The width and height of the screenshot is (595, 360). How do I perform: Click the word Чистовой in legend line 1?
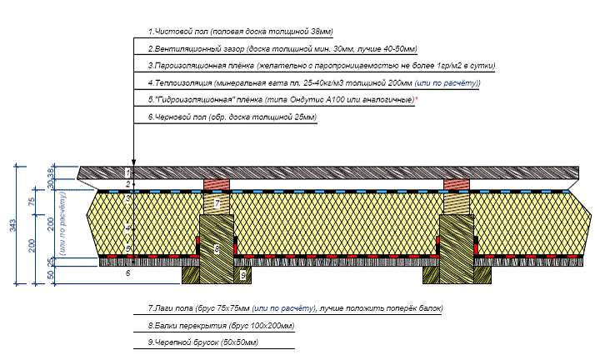coord(171,32)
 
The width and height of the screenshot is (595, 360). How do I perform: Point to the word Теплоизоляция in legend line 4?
coord(177,83)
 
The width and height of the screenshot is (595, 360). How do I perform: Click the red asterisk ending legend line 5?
coord(417,99)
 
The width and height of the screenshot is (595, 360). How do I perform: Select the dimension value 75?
coord(32,201)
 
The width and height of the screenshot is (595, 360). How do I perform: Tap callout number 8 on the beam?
coord(216,248)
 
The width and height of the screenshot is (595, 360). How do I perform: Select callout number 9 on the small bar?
coord(242,274)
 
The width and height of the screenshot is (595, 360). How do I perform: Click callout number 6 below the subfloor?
coord(127,272)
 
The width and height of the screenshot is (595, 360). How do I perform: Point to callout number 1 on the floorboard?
coord(128,172)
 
